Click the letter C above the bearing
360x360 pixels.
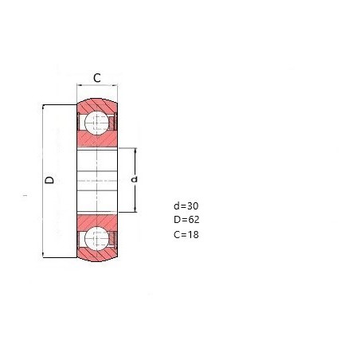coord(97,78)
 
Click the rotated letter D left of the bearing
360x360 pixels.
coord(49,180)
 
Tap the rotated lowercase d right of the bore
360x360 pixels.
coord(135,179)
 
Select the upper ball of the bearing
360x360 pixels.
coord(96,123)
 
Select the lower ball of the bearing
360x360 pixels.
coord(96,238)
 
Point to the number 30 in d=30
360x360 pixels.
coord(193,206)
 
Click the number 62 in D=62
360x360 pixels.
coord(194,220)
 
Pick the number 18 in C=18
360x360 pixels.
coord(193,235)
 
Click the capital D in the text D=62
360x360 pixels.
coord(177,220)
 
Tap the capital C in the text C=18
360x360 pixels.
coord(177,235)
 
